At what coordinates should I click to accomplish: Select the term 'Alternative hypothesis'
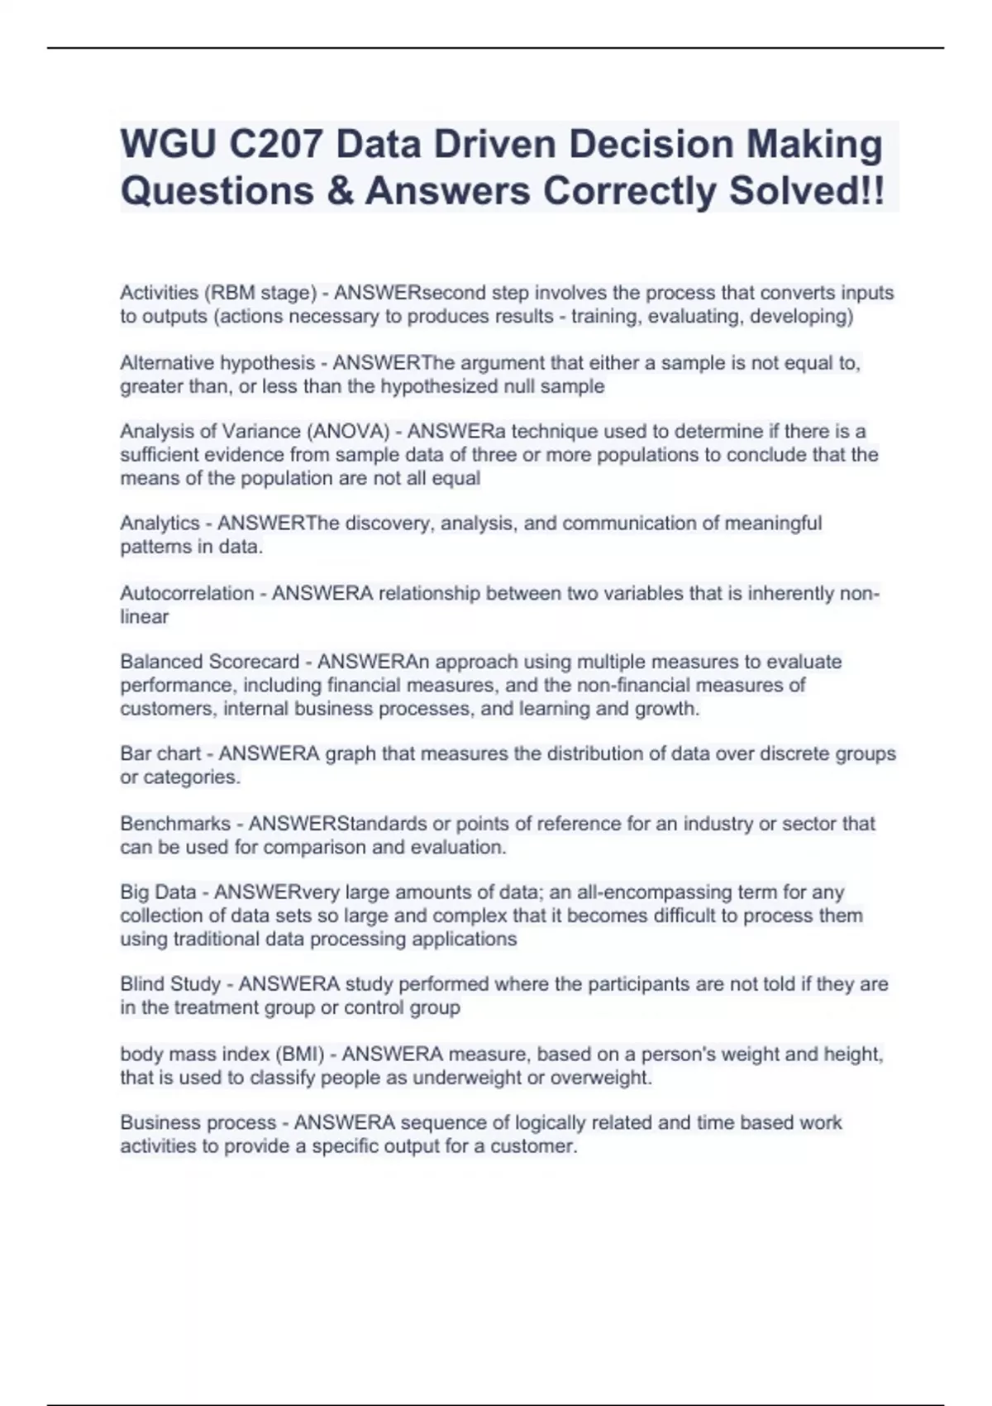click(217, 363)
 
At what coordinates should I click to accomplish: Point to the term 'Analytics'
click(160, 524)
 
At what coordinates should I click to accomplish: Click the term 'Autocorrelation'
click(187, 594)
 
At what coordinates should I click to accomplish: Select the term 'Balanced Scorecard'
click(209, 662)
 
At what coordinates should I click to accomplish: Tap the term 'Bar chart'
click(160, 754)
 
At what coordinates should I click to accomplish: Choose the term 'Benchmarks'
click(175, 824)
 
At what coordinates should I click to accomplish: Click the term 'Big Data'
click(158, 892)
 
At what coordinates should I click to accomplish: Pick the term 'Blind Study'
click(170, 984)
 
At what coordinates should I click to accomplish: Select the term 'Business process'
click(198, 1123)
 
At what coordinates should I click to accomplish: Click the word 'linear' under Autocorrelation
click(144, 617)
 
